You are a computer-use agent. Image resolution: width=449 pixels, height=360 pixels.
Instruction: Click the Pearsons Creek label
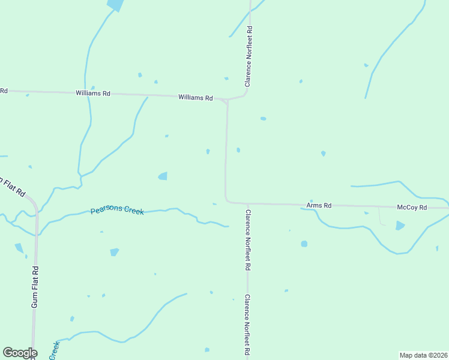click(117, 211)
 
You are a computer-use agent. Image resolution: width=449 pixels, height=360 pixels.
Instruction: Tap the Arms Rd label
click(319, 205)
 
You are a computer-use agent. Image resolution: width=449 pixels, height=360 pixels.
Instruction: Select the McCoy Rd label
click(412, 207)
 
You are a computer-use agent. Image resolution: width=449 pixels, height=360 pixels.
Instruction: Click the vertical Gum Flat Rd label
click(35, 287)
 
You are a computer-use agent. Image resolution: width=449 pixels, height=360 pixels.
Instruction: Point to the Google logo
click(20, 353)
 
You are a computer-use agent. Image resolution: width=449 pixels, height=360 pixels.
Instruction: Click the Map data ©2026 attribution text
click(423, 355)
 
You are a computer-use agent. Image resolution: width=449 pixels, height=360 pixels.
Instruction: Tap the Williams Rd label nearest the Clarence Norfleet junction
click(196, 97)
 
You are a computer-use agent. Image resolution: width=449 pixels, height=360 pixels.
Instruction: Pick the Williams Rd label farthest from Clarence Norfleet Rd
click(93, 93)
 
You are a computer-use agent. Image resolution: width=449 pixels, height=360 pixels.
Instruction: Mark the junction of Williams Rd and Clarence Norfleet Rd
click(227, 100)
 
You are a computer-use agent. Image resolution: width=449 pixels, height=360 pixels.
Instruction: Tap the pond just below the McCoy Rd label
click(400, 226)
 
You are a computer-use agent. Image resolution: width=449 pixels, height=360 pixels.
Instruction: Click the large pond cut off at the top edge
click(115, 5)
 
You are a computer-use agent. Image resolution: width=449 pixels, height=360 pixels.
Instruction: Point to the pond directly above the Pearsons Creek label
click(163, 176)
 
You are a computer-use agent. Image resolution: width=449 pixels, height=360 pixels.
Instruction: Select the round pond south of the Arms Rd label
click(304, 244)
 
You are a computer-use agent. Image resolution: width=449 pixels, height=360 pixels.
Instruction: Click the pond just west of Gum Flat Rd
click(19, 247)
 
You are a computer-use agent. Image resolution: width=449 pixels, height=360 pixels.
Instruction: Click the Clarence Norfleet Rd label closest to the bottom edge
click(247, 326)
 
